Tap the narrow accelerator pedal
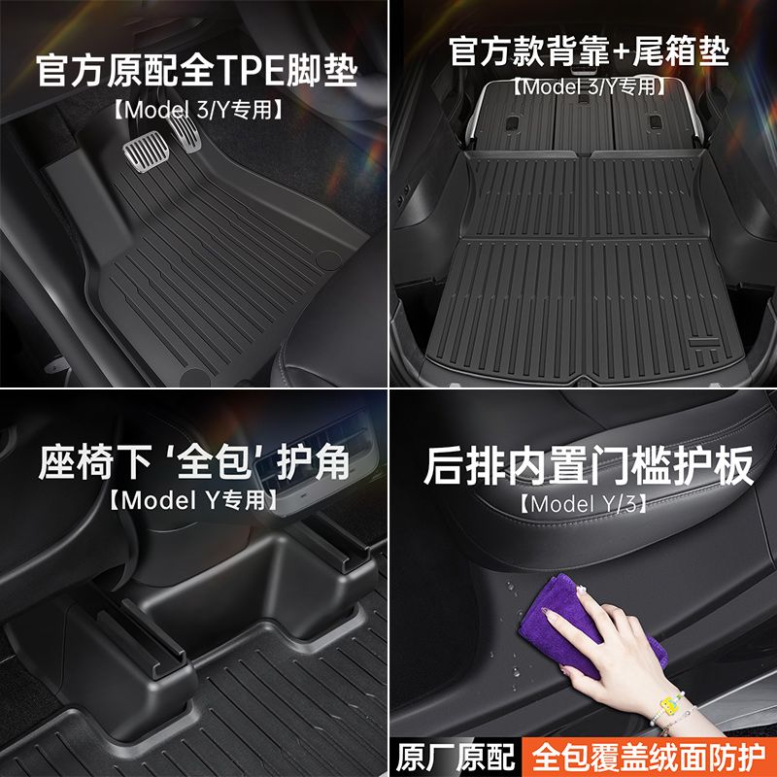185,130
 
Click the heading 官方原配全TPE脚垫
196,70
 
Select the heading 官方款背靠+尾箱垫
589,51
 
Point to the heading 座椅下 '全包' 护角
194,462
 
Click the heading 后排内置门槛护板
589,466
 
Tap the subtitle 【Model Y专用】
193,500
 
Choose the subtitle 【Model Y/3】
583,504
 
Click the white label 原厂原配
456,758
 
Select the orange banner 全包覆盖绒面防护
649,758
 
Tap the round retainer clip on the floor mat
328,258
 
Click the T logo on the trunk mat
704,349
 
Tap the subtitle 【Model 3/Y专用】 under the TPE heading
197,110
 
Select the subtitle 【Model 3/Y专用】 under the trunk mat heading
589,87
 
